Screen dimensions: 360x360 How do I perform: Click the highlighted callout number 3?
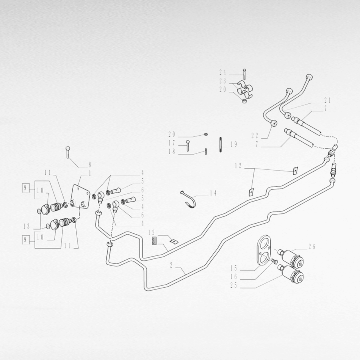click(154, 241)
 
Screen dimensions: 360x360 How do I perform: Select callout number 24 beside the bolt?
click(222, 72)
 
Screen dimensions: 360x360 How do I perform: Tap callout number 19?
click(234, 144)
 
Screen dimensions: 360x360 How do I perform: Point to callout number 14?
click(213, 193)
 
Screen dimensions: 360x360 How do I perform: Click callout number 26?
click(311, 247)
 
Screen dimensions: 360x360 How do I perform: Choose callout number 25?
click(234, 285)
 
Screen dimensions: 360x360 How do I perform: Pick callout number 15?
click(234, 268)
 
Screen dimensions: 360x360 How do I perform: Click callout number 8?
click(90, 164)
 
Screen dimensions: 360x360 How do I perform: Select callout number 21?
click(328, 100)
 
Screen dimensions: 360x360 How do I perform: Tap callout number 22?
click(255, 136)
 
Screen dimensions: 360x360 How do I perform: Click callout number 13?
click(27, 226)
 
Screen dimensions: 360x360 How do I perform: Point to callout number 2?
click(171, 265)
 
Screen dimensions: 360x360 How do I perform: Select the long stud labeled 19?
click(221, 145)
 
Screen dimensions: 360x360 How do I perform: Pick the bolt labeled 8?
click(68, 152)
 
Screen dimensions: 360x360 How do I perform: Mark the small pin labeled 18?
click(206, 152)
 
